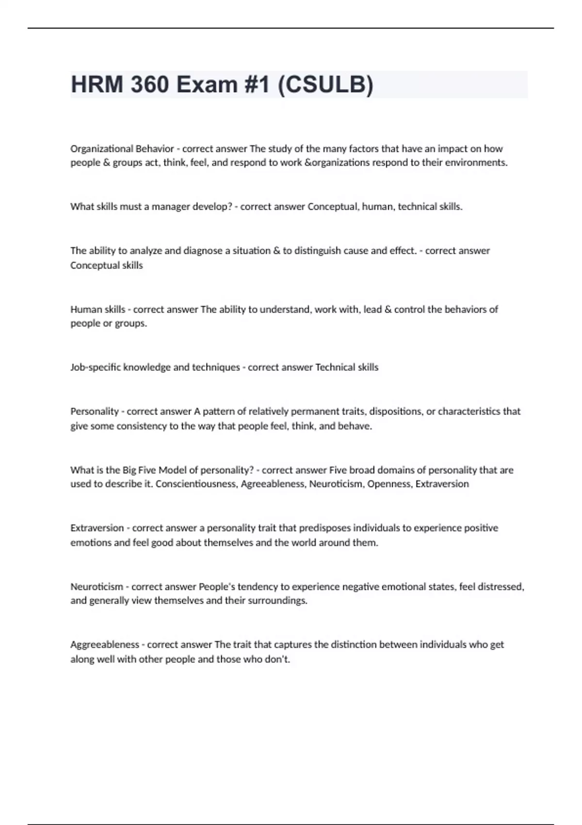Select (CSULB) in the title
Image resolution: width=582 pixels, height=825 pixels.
pos(325,84)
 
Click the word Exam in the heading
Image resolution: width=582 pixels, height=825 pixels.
pos(207,84)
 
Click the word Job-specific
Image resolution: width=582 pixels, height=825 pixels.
pos(96,367)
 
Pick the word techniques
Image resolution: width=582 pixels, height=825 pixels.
pos(216,367)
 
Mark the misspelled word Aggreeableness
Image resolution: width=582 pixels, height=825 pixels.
pos(104,645)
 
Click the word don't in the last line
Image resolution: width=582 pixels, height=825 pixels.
pos(277,660)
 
